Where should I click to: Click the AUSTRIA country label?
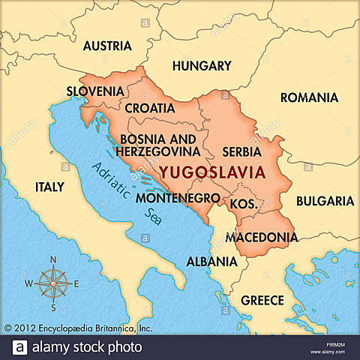[x=107, y=46]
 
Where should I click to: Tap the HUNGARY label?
[x=202, y=66]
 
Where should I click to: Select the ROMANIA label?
[x=309, y=97]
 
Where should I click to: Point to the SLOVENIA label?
[x=95, y=91]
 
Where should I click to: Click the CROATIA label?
[x=150, y=109]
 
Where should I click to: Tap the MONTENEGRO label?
[x=178, y=199]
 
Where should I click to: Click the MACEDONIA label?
[x=262, y=237]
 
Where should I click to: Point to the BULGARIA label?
[x=324, y=201]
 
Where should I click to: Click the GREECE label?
[x=262, y=301]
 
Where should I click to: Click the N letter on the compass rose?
[x=53, y=259]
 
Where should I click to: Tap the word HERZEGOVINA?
[x=158, y=152]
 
